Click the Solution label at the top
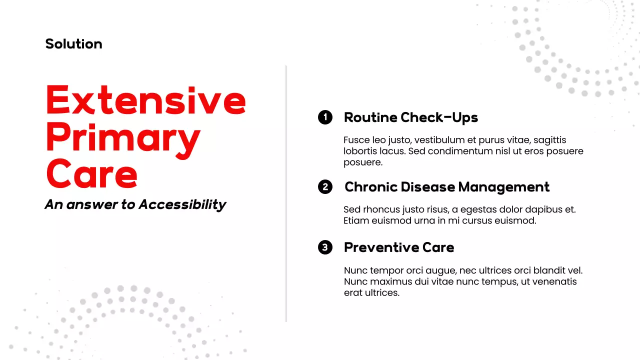pyautogui.click(x=73, y=44)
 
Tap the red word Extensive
pyautogui.click(x=145, y=100)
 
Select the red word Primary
pyautogui.click(x=123, y=137)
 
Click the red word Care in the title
pyautogui.click(x=91, y=173)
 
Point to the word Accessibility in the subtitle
pyautogui.click(x=182, y=204)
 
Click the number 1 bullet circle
pyautogui.click(x=325, y=117)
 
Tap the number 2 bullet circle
pyautogui.click(x=325, y=187)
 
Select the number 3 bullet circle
pyautogui.click(x=325, y=247)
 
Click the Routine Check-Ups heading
pyautogui.click(x=410, y=117)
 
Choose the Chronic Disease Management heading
pyautogui.click(x=446, y=187)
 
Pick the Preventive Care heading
pyautogui.click(x=399, y=247)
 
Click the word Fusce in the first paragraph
pyautogui.click(x=356, y=140)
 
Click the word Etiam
pyautogui.click(x=355, y=220)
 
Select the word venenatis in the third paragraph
pyautogui.click(x=550, y=281)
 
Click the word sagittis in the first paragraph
pyautogui.click(x=550, y=140)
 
